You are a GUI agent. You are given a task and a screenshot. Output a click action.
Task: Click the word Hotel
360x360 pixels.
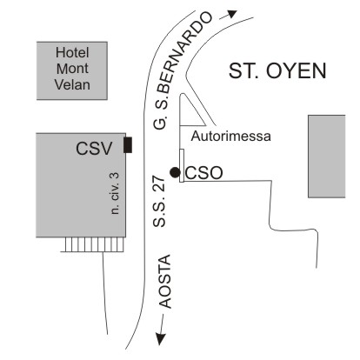point(72,53)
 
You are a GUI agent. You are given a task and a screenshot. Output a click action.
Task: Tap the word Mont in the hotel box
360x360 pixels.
point(72,69)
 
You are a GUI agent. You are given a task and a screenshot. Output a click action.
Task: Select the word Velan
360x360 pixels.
point(72,84)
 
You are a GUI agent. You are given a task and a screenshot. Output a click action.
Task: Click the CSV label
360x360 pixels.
point(94,149)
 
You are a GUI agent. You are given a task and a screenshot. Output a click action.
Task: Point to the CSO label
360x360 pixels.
point(203,173)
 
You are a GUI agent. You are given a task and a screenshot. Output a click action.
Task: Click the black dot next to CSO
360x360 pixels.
point(175,172)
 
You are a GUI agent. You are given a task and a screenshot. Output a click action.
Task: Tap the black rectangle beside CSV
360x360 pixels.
point(128,145)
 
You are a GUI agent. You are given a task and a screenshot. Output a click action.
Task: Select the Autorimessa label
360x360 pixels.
point(231,137)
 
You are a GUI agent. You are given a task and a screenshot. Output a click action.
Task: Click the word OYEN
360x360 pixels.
point(297,71)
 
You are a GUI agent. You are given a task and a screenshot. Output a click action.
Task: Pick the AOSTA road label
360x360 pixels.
point(166,281)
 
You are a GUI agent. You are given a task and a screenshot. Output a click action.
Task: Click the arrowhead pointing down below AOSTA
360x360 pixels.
point(161,339)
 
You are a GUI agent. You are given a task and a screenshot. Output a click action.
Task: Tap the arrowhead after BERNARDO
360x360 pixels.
point(232,14)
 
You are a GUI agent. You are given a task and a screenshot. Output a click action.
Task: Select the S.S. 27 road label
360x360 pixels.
point(159,202)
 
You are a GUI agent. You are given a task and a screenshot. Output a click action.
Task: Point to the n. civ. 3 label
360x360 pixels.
point(115,193)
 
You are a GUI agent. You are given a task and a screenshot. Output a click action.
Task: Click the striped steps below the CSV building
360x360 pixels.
point(92,244)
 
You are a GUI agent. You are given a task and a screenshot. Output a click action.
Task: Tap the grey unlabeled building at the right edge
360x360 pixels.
point(327,157)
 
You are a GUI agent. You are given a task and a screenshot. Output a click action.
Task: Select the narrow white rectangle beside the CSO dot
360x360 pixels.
point(182,165)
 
